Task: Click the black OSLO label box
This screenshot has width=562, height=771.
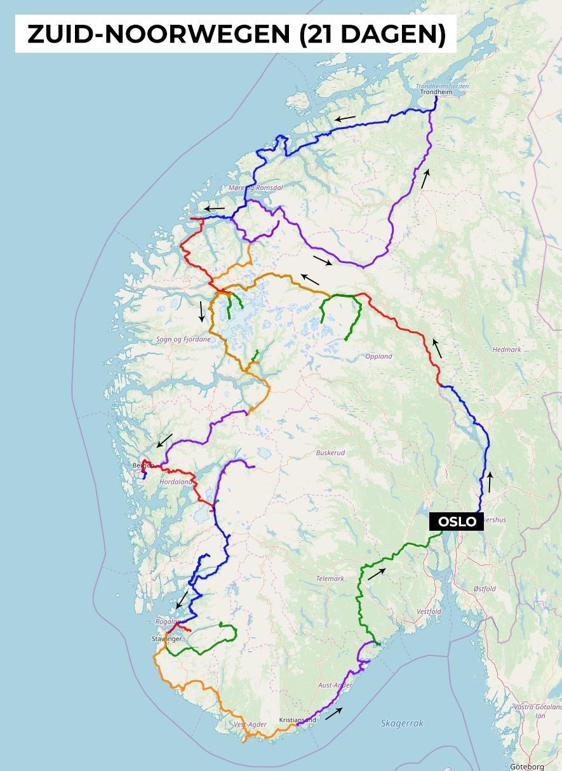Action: pyautogui.click(x=457, y=522)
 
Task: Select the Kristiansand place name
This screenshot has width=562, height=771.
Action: pyautogui.click(x=297, y=720)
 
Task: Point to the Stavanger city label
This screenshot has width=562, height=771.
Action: pyautogui.click(x=166, y=638)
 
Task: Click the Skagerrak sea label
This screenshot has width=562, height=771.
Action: pyautogui.click(x=402, y=723)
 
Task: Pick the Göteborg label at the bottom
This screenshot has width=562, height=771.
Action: pyautogui.click(x=526, y=767)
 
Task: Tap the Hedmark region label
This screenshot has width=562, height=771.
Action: pyautogui.click(x=506, y=350)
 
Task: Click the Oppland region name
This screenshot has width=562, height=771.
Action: pyautogui.click(x=378, y=357)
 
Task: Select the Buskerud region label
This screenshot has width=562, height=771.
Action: pyautogui.click(x=330, y=453)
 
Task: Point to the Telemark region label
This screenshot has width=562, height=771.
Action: pyautogui.click(x=330, y=578)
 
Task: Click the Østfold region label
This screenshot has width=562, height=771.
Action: pyautogui.click(x=485, y=589)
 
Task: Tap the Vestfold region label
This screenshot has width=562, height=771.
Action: pyautogui.click(x=429, y=611)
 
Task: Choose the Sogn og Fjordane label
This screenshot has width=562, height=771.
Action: pyautogui.click(x=183, y=339)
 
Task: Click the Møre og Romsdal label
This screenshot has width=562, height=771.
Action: pyautogui.click(x=255, y=188)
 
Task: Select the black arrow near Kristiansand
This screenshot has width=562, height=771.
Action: pyautogui.click(x=334, y=713)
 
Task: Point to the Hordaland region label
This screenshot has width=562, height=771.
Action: pyautogui.click(x=175, y=482)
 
